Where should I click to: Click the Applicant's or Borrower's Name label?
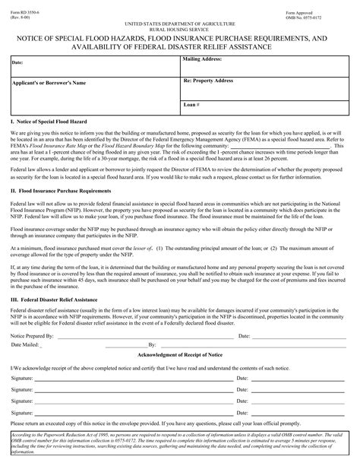[49, 81]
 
